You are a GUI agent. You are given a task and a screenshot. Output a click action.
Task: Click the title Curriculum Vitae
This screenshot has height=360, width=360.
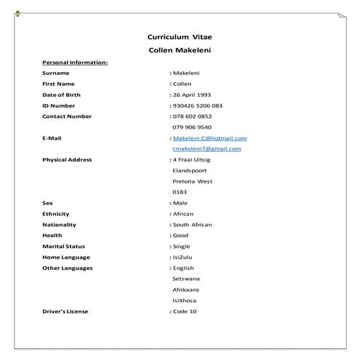[180, 36]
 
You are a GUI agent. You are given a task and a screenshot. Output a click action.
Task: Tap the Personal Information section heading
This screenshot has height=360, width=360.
[75, 63]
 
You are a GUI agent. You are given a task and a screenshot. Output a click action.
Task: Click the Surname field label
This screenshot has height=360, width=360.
[56, 73]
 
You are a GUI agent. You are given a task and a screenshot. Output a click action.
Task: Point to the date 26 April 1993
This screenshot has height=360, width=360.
[193, 95]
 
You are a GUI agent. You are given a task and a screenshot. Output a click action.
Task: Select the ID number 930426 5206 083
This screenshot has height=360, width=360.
[198, 105]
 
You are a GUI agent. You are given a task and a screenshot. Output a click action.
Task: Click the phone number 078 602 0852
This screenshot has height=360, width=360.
[193, 116]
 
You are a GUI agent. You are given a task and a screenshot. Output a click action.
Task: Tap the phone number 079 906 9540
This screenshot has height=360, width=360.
[192, 127]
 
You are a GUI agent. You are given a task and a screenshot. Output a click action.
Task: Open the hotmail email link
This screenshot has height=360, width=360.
[209, 137]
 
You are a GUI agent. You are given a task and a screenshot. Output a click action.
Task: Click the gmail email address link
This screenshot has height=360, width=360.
[207, 148]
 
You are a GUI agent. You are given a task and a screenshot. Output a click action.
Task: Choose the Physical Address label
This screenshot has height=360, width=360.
[67, 159]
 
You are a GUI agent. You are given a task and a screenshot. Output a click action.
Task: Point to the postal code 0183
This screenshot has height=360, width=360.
[180, 192]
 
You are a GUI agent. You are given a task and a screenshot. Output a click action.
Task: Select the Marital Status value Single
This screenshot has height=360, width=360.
[181, 247]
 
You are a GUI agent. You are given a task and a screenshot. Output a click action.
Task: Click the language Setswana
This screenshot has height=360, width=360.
[186, 279]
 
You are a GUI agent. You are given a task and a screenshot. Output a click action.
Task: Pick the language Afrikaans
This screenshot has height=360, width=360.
[185, 289]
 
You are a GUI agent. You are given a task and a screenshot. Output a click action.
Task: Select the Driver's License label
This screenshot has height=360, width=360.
[65, 311]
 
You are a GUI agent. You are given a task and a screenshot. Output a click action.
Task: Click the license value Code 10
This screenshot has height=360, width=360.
[185, 311]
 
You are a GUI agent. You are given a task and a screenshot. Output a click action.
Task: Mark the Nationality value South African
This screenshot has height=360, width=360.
[192, 225]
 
